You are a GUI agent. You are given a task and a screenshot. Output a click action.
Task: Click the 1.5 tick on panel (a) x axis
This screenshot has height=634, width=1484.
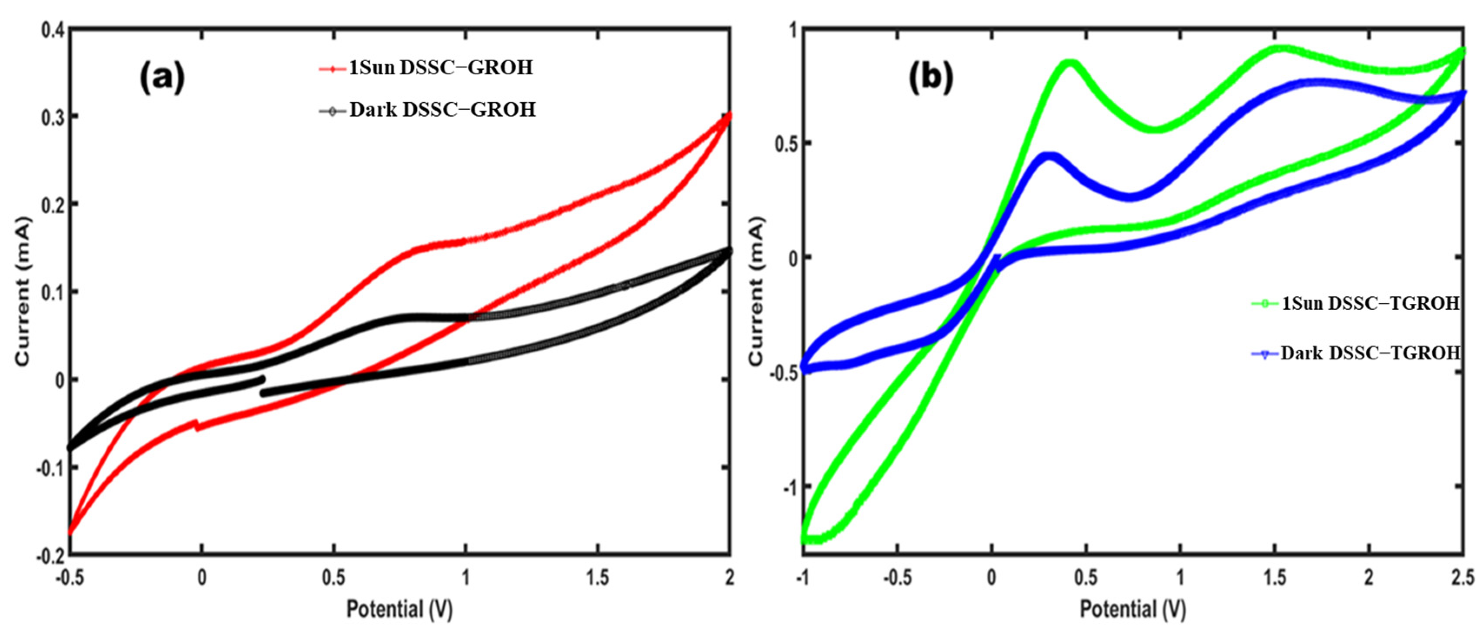click(x=598, y=578)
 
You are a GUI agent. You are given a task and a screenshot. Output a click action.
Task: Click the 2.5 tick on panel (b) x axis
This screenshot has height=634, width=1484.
click(x=1462, y=578)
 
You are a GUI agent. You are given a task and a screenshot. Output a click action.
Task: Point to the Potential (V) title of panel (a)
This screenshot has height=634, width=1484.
click(x=399, y=609)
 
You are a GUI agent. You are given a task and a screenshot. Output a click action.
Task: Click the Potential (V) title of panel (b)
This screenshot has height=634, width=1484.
click(x=1132, y=609)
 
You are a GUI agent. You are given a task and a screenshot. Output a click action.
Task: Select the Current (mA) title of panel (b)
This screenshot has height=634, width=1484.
click(x=756, y=291)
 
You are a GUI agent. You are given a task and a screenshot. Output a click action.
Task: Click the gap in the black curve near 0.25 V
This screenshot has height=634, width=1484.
click(x=263, y=386)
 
